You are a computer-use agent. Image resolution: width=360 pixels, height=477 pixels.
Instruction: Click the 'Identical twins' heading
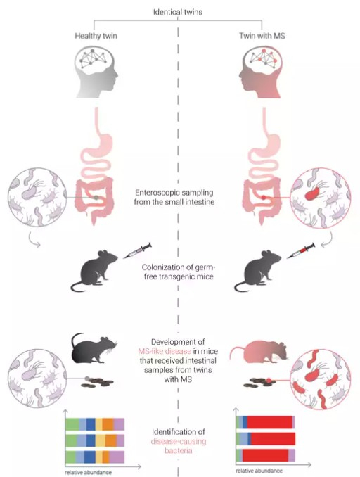pyautogui.click(x=178, y=12)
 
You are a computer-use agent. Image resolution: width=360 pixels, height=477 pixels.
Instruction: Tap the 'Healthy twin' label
pyautogui.click(x=96, y=36)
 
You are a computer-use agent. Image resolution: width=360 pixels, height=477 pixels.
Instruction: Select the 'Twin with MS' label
pyautogui.click(x=262, y=36)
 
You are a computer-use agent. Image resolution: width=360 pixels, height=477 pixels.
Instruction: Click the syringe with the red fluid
pyautogui.click(x=301, y=251)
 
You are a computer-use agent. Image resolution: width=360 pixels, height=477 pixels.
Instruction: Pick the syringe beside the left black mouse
pyautogui.click(x=137, y=251)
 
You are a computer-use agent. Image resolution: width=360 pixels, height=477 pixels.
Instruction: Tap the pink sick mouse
pyautogui.click(x=259, y=352)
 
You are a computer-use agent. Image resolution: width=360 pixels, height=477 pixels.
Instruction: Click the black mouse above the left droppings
pyautogui.click(x=94, y=349)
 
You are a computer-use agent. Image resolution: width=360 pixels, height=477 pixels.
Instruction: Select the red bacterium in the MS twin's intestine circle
pyautogui.click(x=312, y=193)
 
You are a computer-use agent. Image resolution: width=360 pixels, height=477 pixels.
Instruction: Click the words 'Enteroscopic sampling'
pyautogui.click(x=174, y=193)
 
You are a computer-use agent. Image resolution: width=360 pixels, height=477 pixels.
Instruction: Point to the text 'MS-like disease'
pyautogui.click(x=165, y=351)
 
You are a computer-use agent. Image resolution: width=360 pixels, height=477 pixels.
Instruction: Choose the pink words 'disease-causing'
pyautogui.click(x=179, y=441)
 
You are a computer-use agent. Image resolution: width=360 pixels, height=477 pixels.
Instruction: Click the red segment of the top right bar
pyautogui.click(x=269, y=422)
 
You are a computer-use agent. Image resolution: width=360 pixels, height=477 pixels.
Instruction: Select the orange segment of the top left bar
pyautogui.click(x=108, y=424)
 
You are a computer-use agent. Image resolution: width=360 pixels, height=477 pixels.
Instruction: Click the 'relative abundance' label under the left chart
pyautogui.click(x=88, y=473)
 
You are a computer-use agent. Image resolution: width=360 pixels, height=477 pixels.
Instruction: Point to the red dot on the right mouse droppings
pyautogui.click(x=269, y=380)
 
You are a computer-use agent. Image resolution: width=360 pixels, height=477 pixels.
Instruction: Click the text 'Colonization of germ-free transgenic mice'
pyautogui.click(x=178, y=272)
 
